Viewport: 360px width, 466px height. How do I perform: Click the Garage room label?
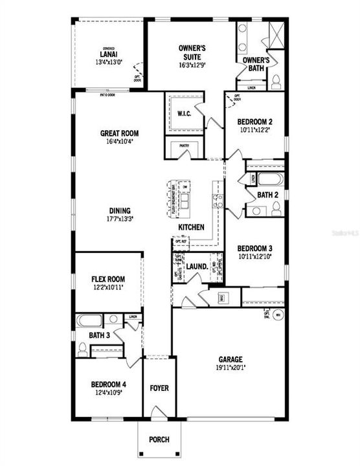click(230, 359)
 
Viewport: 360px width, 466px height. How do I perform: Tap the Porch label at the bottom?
click(159, 440)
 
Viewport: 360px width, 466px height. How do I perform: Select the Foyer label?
click(159, 388)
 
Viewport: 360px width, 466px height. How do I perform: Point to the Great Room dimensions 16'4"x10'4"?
click(119, 141)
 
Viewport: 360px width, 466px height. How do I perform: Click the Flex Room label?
click(107, 279)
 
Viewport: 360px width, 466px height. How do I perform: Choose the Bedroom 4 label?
click(108, 384)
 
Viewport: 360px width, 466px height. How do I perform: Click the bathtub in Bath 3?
click(89, 320)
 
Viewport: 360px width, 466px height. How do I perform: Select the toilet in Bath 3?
click(82, 349)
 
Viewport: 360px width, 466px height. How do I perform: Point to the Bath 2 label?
click(267, 194)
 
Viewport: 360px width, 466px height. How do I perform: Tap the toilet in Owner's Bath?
click(276, 81)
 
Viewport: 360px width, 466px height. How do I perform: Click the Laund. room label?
click(196, 266)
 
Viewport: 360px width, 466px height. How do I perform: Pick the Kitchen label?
click(192, 227)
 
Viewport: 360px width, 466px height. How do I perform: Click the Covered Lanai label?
click(107, 53)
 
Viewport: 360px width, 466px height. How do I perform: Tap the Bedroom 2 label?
click(254, 122)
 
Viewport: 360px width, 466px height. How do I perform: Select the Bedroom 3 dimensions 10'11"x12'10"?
click(254, 256)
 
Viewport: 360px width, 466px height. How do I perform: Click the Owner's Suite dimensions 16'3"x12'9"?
click(192, 65)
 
